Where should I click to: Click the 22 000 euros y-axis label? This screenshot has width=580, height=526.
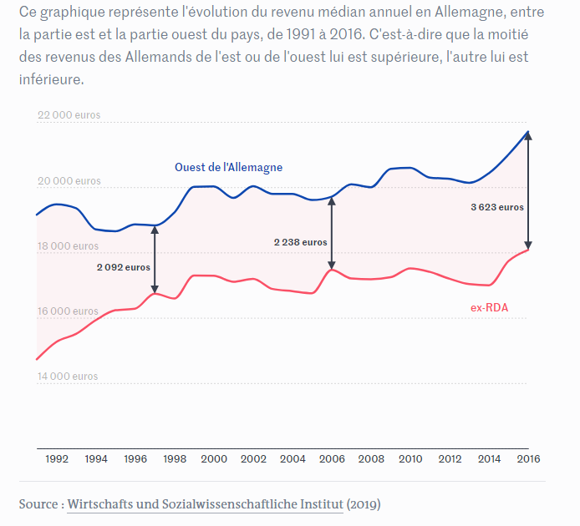(x=69, y=116)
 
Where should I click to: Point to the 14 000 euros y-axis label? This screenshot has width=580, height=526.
(x=69, y=377)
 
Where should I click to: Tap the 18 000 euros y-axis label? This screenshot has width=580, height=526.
(x=69, y=246)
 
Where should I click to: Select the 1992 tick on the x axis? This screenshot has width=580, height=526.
(x=57, y=458)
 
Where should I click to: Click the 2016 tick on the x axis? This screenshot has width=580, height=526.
(x=528, y=458)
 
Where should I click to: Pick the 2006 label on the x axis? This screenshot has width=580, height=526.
(x=332, y=458)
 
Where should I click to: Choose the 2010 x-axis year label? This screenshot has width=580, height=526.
(x=410, y=458)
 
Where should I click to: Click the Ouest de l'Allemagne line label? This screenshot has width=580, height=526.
(x=228, y=167)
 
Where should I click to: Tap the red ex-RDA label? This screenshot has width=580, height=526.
(x=489, y=308)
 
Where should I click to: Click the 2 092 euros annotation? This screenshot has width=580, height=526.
(x=124, y=267)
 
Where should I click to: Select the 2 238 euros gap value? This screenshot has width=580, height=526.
(x=301, y=241)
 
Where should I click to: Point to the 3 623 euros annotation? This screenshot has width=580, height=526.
(x=497, y=206)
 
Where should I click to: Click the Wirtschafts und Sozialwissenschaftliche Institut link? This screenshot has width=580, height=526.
(x=205, y=504)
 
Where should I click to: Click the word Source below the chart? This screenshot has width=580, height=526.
(x=38, y=504)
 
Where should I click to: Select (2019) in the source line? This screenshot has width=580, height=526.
(x=364, y=504)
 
